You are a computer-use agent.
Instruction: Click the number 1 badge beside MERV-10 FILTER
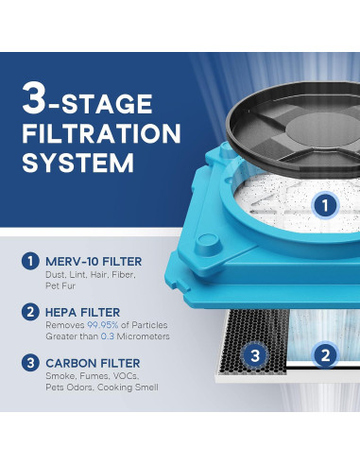31,259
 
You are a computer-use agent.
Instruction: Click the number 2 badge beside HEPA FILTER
31,311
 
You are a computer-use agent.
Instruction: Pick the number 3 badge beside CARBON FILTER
31,363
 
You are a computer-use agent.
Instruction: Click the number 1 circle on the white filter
324,204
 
